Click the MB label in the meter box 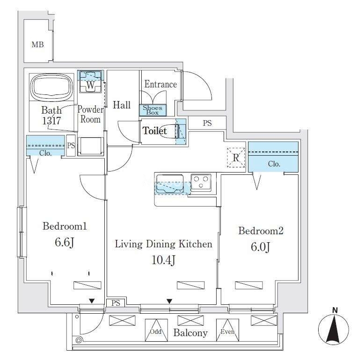tap(37, 45)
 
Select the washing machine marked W tap(90, 85)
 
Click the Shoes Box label tap(153, 110)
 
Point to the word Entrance tap(160, 85)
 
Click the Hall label tap(122, 105)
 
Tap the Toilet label tap(154, 131)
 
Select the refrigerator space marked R tap(236, 158)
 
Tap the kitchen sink tap(170, 183)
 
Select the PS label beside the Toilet tap(207, 124)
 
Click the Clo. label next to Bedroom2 tap(274, 164)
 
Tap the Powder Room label tap(90, 115)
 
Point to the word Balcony tap(190, 333)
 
